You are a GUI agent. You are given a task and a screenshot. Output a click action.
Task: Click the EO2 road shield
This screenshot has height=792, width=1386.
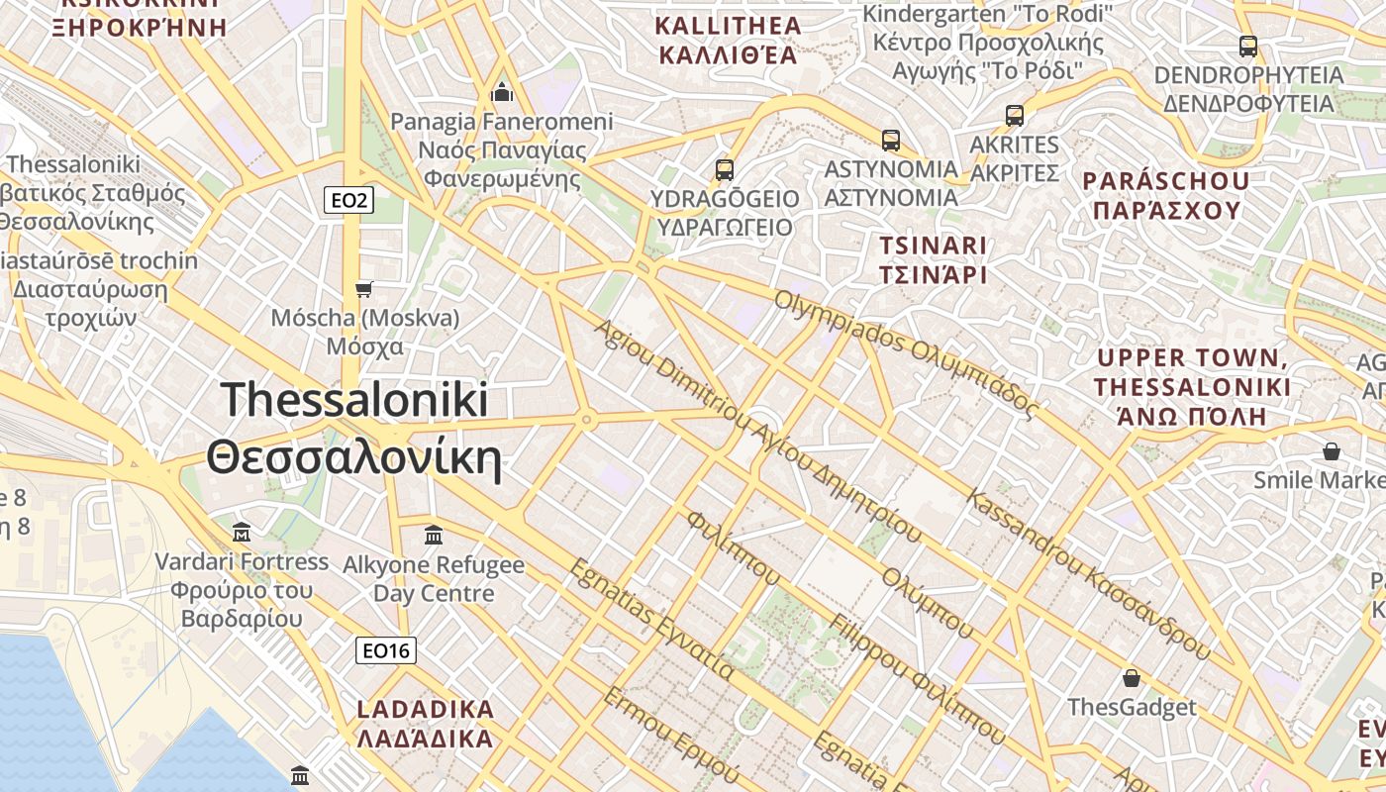tap(348, 201)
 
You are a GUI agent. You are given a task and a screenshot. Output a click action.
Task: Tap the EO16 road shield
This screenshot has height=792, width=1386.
tap(386, 650)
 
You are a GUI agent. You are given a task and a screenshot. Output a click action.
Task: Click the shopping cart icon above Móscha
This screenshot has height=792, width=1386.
tap(364, 289)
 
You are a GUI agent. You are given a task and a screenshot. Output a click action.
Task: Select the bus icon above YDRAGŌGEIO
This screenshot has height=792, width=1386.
tap(725, 169)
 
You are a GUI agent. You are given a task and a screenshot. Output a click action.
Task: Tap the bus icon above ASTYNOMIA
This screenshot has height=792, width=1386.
tap(891, 140)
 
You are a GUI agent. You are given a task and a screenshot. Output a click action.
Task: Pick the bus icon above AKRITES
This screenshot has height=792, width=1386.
tap(1015, 115)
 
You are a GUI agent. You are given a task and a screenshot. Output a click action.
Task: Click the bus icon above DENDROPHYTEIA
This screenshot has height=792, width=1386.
tap(1248, 46)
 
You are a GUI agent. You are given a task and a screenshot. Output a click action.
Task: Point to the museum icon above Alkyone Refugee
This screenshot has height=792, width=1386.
tap(433, 536)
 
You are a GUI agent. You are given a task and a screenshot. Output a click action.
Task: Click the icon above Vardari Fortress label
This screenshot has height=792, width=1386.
tap(242, 533)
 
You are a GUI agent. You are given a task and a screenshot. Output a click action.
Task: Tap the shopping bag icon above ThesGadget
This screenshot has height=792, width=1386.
tap(1132, 678)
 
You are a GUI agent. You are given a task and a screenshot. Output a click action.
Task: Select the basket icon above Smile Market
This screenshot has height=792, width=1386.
tap(1332, 451)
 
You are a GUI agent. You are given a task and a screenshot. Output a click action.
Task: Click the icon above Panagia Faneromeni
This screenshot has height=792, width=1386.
tap(502, 93)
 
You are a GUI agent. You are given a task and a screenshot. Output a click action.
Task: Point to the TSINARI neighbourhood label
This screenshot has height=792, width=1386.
tap(934, 259)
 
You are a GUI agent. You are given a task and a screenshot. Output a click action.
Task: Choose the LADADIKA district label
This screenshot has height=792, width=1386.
tap(425, 724)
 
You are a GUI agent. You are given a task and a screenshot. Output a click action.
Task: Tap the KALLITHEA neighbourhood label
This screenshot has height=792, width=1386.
tap(728, 40)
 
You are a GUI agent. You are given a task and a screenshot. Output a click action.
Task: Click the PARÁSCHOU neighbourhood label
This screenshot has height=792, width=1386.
tap(1165, 195)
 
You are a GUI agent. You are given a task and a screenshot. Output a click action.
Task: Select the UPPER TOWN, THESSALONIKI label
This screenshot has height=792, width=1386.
tap(1192, 386)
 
